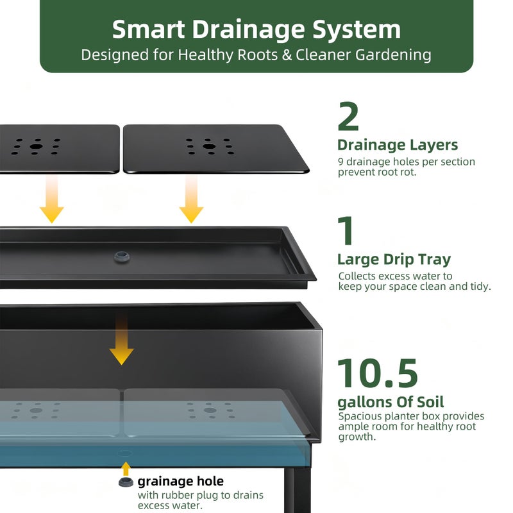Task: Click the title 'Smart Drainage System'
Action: (256, 29)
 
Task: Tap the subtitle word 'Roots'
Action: (258, 55)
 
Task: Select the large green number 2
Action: (348, 116)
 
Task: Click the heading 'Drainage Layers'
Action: (398, 145)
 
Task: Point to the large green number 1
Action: (346, 230)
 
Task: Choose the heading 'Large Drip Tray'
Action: (394, 260)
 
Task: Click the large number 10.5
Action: (377, 373)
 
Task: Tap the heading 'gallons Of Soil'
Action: (391, 402)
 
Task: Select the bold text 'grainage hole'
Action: (181, 482)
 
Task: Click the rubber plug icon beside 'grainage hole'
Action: (126, 482)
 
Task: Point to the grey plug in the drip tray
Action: (122, 256)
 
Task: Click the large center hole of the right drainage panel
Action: (209, 146)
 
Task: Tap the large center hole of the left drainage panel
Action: (37, 146)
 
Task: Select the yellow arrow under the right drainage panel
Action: (191, 199)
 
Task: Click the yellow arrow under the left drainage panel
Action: (52, 199)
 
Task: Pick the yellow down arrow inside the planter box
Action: (121, 339)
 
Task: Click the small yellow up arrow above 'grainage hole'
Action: (126, 469)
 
